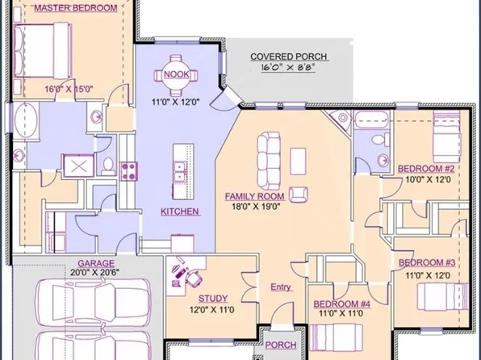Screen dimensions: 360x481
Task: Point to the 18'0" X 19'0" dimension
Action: [x=254, y=207]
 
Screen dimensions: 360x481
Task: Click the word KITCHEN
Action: [x=180, y=211]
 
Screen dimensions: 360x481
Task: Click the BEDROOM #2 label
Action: [x=427, y=169]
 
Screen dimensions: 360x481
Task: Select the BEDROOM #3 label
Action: [x=428, y=263]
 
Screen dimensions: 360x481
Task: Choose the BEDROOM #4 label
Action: [x=341, y=304]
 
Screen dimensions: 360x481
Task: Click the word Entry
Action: [x=281, y=287]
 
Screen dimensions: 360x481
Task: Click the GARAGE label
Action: [x=95, y=263]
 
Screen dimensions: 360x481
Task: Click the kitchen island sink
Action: [x=178, y=171]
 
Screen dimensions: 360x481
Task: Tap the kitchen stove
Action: [x=128, y=170]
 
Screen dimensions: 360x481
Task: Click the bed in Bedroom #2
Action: [x=446, y=136]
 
